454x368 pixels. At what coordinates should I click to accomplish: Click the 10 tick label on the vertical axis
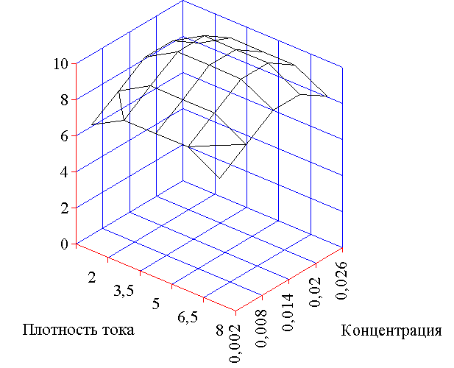point(60,63)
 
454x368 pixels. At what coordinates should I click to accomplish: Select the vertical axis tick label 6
point(64,135)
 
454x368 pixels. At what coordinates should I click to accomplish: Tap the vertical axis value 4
point(64,171)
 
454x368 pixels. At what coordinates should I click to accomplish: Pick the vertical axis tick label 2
point(64,208)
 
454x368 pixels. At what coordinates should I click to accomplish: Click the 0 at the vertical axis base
point(64,244)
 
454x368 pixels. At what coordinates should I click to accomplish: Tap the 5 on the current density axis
point(156,304)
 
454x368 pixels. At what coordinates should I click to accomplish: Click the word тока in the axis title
point(117,330)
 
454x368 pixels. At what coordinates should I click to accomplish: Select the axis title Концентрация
point(391,330)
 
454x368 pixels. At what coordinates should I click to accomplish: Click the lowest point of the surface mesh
point(219,178)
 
